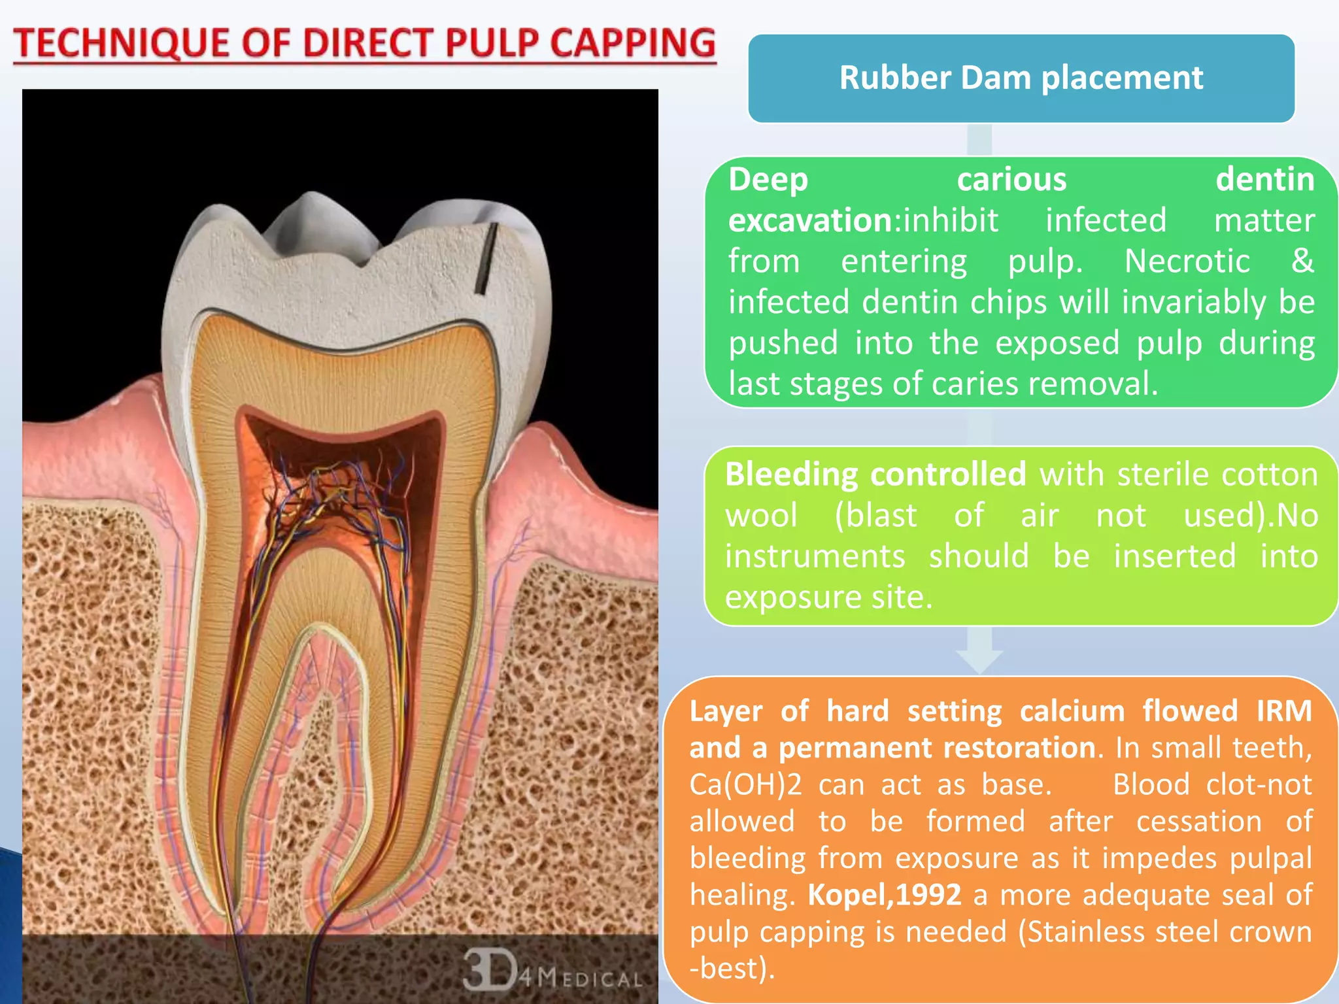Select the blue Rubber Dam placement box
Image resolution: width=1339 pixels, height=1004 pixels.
tap(1021, 78)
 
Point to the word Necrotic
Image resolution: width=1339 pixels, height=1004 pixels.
tap(1187, 261)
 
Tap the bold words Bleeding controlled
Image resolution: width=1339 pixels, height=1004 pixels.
tap(875, 474)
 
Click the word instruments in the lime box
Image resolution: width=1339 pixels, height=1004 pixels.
tap(815, 556)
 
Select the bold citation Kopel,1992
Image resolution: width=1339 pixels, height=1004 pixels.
tap(884, 895)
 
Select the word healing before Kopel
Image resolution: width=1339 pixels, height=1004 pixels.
tap(741, 895)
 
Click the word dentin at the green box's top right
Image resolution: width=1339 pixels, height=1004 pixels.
tap(1264, 180)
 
